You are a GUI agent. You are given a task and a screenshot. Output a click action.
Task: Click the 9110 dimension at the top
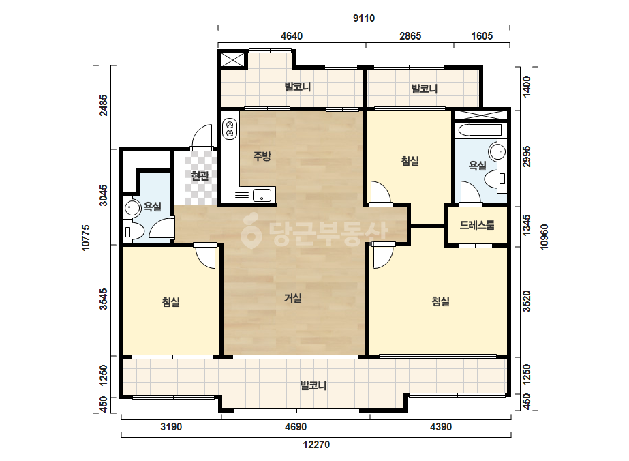[364, 18]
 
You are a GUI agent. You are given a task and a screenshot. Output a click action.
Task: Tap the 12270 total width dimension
[316, 445]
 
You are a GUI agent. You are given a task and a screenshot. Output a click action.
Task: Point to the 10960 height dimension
[544, 237]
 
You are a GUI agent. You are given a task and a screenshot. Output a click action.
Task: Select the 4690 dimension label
[296, 426]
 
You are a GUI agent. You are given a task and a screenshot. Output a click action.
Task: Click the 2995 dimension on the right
[527, 157]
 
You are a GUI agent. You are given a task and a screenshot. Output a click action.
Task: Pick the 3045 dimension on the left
[104, 195]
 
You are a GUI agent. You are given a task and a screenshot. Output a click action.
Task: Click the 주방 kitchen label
[262, 155]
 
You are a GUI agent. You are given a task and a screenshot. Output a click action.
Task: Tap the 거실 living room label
[293, 298]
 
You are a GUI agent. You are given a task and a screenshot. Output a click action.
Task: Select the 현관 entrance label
[200, 175]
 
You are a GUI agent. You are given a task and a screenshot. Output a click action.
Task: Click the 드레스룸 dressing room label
[477, 225]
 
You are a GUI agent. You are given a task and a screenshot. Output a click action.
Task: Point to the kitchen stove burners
[230, 128]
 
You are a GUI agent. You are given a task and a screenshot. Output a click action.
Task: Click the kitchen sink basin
[262, 196]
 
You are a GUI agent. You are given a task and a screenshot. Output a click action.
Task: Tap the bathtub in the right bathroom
[479, 130]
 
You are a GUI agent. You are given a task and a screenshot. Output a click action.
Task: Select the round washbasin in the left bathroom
[131, 208]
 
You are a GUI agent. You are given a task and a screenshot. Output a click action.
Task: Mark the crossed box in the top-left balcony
[232, 59]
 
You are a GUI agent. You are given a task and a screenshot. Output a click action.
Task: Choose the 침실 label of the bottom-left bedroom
[171, 302]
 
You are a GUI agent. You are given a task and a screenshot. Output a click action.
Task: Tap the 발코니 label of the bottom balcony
[313, 385]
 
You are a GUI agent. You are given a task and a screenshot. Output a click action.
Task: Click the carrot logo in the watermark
[251, 231]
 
